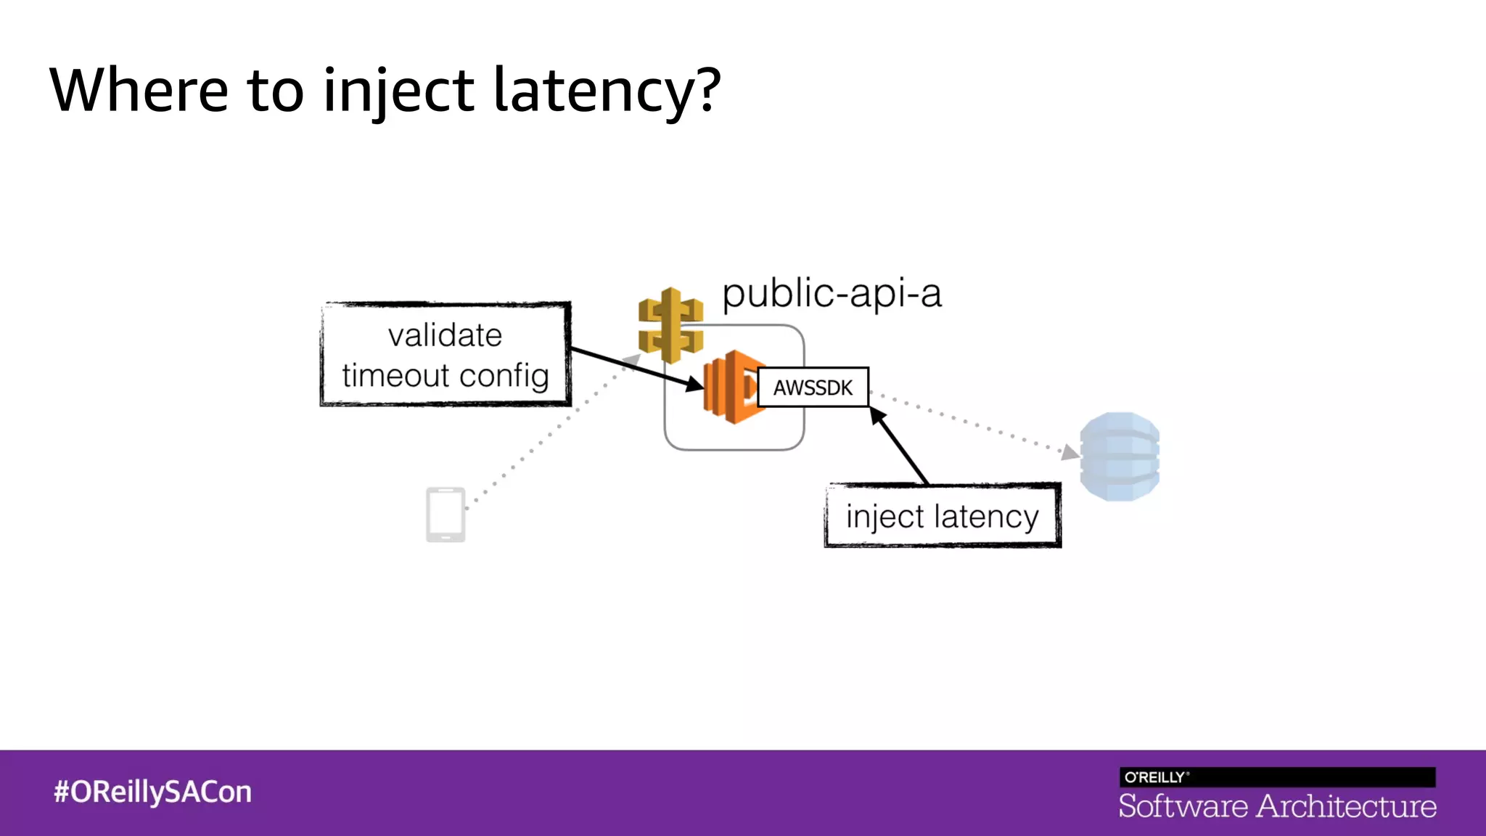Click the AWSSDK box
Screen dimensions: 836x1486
[x=813, y=388]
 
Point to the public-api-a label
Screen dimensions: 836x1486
[x=832, y=294]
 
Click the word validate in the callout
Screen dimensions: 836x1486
[x=445, y=336]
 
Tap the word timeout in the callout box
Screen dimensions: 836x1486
[x=395, y=376]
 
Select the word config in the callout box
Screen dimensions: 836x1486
[x=504, y=376]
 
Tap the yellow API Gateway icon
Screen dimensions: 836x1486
[x=670, y=324]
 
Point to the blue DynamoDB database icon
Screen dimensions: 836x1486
[x=1119, y=456]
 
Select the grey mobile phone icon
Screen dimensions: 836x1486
[x=445, y=515]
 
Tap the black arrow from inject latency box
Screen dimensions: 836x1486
[x=900, y=446]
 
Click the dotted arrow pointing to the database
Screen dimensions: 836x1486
[x=972, y=423]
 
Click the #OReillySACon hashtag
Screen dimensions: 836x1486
[x=152, y=792]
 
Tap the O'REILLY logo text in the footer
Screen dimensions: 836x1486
[x=1155, y=777]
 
